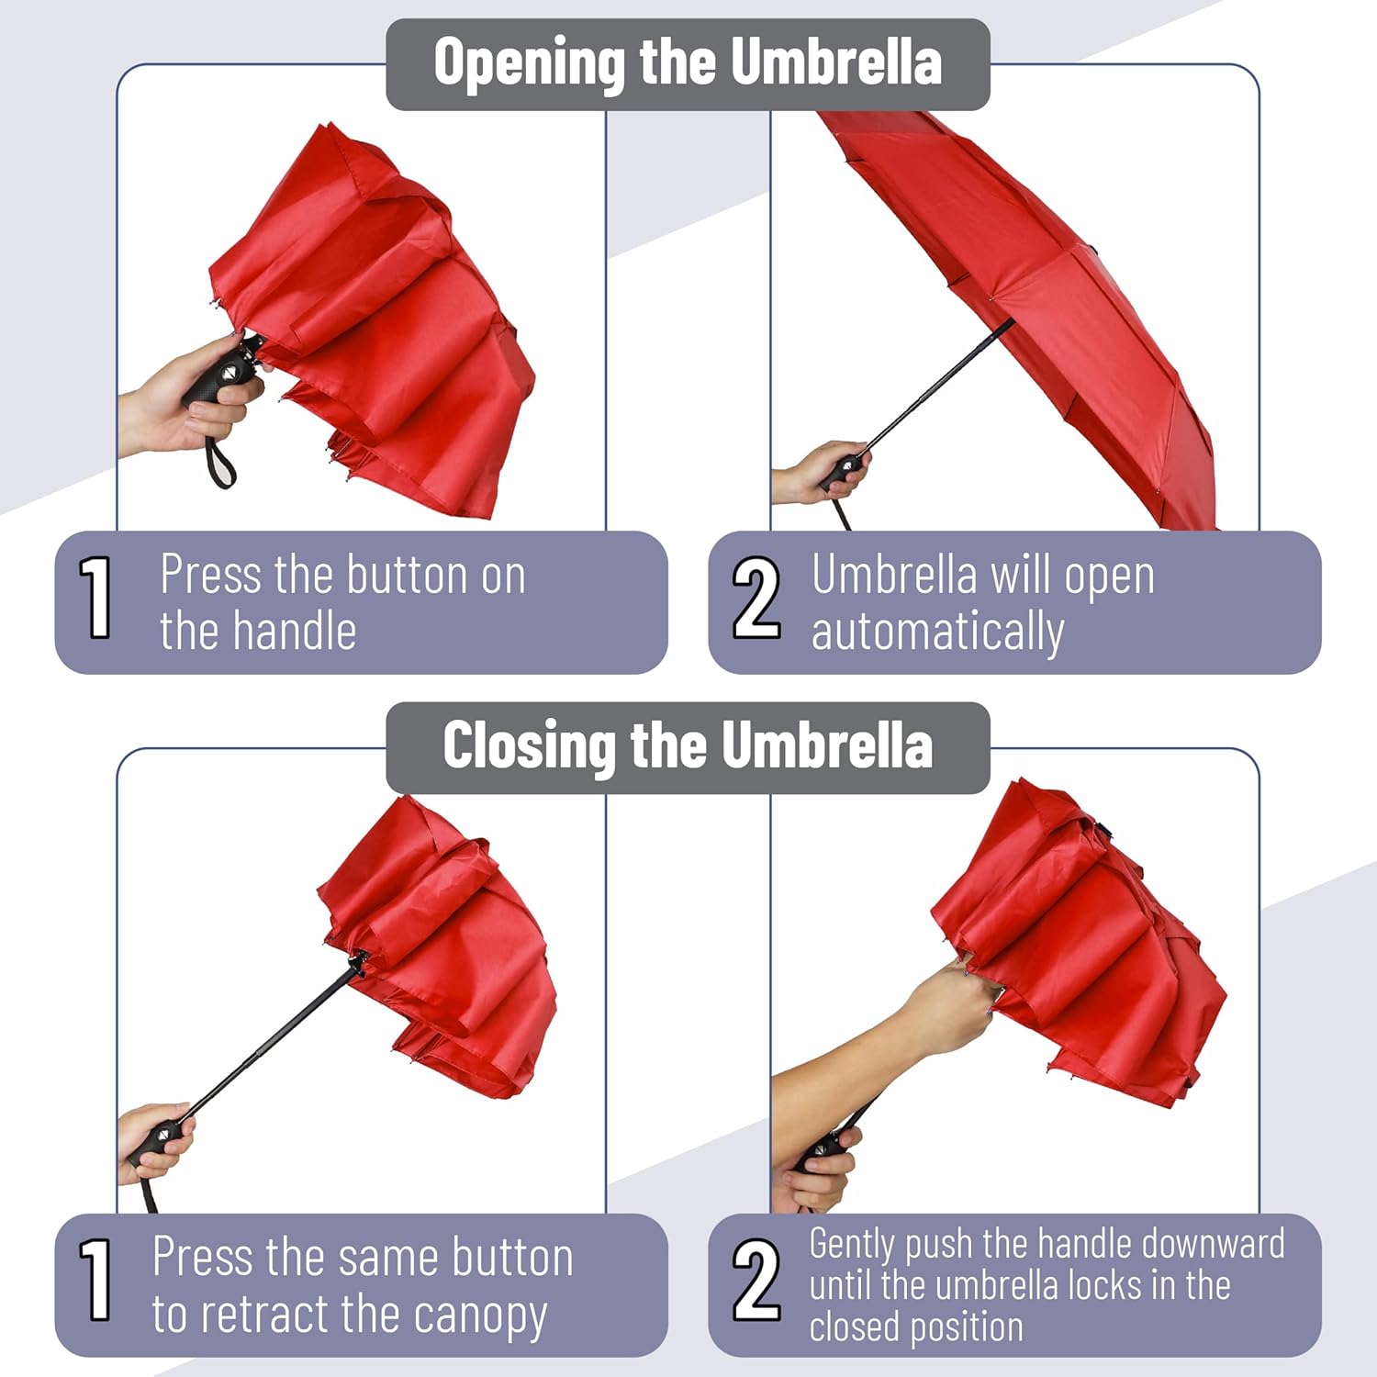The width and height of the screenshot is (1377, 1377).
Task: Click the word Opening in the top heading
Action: [x=531, y=64]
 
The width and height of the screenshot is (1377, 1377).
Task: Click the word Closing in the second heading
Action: [x=529, y=745]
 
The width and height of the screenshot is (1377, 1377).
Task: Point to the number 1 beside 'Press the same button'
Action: [x=95, y=1280]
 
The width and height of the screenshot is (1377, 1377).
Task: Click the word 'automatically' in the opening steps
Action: [x=937, y=633]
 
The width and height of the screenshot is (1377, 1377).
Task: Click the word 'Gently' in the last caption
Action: [x=851, y=1246]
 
